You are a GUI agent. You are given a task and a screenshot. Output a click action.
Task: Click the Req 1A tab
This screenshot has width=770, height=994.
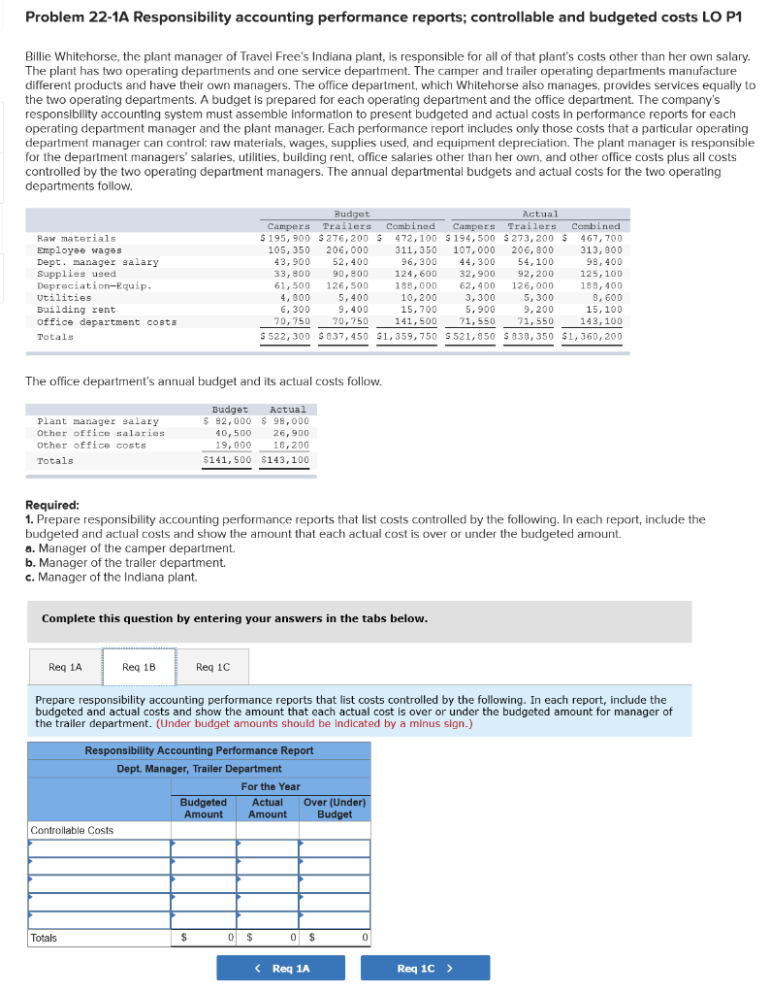tap(65, 667)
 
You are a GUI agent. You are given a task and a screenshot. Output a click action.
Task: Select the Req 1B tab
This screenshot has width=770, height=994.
tap(139, 667)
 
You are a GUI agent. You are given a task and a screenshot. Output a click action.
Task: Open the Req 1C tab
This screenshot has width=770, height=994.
tap(212, 667)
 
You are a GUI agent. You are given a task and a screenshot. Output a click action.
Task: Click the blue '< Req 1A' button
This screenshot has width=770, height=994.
tap(281, 968)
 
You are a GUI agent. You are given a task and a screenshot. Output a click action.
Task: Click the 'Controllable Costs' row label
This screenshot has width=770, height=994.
tap(73, 830)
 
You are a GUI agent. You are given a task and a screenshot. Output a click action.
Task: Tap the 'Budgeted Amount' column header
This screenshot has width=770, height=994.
tap(204, 808)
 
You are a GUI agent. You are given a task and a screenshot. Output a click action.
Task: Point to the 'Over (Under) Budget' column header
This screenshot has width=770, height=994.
tap(335, 808)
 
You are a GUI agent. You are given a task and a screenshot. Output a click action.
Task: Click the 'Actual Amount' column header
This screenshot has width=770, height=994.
tap(268, 808)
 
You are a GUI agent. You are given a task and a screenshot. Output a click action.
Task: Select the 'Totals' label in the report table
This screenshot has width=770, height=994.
tap(45, 938)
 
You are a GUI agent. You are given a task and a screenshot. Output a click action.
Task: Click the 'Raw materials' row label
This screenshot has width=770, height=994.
tap(76, 238)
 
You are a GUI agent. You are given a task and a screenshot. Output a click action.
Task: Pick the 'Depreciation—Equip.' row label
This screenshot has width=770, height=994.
tap(93, 286)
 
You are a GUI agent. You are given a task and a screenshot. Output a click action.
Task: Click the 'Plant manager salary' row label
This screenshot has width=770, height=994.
tap(97, 421)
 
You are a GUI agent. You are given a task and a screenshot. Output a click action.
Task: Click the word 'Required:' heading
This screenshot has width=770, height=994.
tap(52, 505)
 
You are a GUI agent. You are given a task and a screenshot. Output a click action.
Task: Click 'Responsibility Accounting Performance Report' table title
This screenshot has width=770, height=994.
tap(199, 750)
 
